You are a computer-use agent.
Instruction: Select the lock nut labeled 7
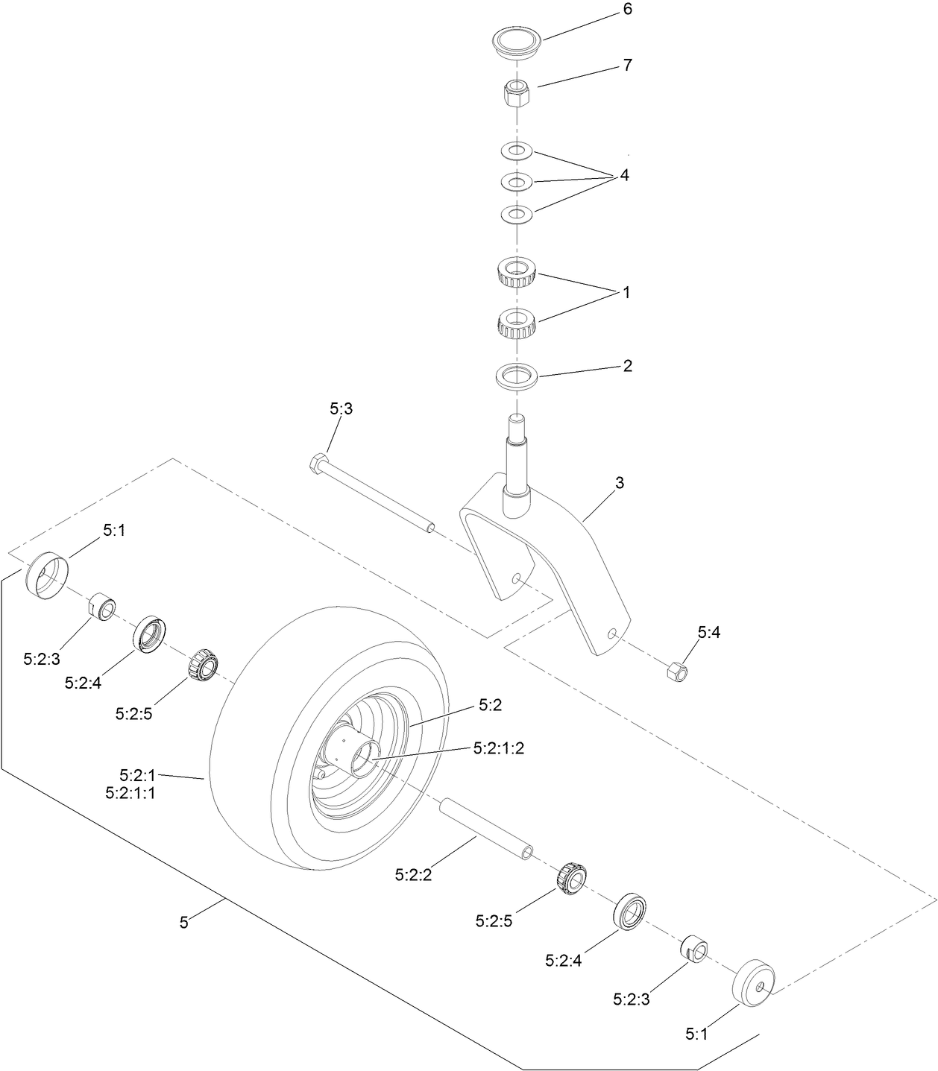tap(514, 93)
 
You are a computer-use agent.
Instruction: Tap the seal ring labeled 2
tap(516, 375)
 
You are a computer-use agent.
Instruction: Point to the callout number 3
tap(619, 483)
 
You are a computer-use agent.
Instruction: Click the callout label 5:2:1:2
tap(498, 748)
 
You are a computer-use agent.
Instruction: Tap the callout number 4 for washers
tap(624, 176)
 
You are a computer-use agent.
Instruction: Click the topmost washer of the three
tap(515, 151)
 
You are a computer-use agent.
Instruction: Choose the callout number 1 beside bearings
tap(626, 293)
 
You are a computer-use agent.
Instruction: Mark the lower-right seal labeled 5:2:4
tap(633, 910)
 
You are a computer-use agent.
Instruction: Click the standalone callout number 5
tap(183, 922)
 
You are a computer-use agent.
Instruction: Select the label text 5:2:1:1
tap(130, 794)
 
